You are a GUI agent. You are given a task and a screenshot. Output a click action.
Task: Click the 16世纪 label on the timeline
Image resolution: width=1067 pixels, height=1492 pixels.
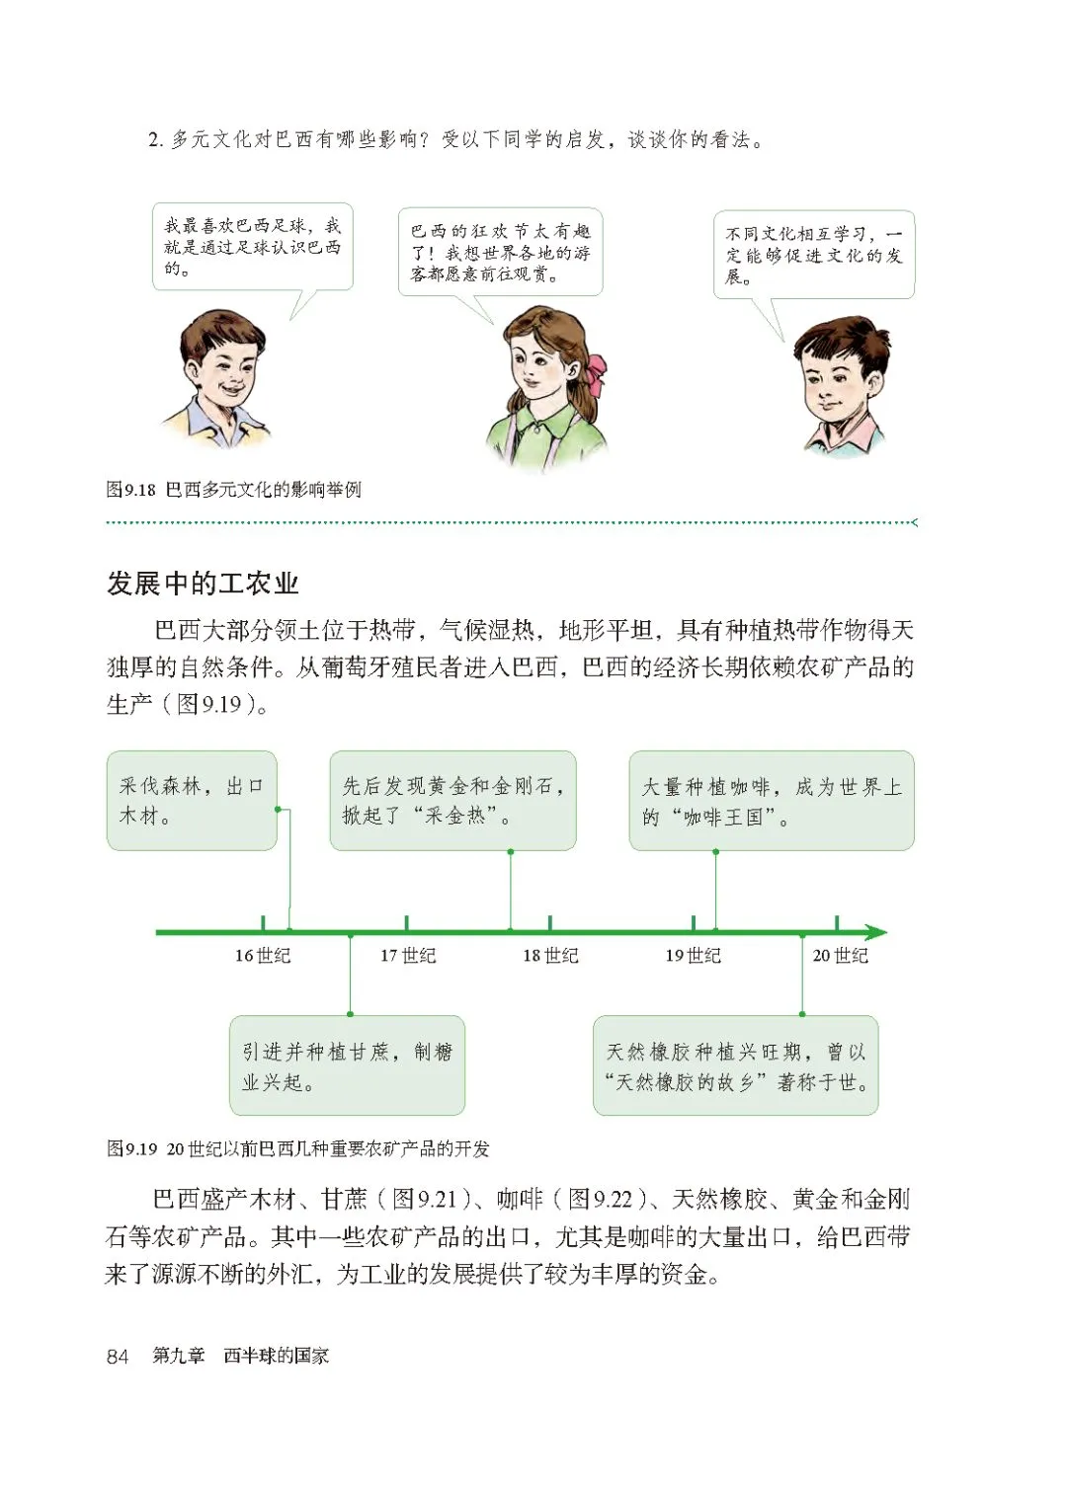click(x=263, y=956)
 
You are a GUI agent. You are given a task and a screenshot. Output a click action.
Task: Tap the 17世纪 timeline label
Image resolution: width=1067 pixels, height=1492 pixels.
click(x=408, y=956)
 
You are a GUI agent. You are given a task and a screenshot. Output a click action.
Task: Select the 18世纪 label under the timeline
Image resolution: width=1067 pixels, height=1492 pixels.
click(x=550, y=956)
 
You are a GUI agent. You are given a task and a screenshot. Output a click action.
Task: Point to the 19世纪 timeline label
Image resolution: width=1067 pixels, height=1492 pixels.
click(x=693, y=956)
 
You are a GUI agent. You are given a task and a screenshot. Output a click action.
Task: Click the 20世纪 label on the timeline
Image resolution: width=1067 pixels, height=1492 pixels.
click(x=840, y=956)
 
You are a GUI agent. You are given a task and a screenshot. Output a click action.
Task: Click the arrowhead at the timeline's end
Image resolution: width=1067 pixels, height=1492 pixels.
click(x=875, y=932)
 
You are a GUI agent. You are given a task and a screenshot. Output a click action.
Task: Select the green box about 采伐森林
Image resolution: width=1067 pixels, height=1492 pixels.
click(x=192, y=801)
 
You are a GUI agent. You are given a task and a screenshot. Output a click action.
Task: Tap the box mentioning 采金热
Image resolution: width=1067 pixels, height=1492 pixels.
click(x=452, y=801)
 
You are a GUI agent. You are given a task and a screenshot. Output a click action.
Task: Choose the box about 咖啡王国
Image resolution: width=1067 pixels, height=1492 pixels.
click(x=771, y=801)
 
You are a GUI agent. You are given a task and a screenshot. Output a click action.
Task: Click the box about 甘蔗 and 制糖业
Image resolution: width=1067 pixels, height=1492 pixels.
click(x=347, y=1065)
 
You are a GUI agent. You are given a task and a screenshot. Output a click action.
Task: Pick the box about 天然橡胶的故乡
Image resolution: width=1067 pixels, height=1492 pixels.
click(x=735, y=1065)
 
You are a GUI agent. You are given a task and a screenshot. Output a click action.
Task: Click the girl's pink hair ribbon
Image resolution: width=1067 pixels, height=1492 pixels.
click(x=595, y=375)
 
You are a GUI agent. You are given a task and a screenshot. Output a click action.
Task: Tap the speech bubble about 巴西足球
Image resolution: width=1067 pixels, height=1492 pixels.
click(x=252, y=247)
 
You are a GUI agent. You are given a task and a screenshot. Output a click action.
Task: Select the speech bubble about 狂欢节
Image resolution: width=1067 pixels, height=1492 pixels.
click(x=500, y=252)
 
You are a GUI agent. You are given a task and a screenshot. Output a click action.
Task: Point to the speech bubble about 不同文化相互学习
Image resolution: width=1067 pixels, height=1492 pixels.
click(x=814, y=255)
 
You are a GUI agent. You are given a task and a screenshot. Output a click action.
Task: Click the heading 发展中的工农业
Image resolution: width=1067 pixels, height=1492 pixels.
click(x=203, y=584)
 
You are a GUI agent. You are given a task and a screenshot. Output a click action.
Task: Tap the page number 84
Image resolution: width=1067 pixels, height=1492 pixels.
click(x=118, y=1356)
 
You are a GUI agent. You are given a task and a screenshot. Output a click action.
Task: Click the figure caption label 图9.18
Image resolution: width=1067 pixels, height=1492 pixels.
click(x=130, y=490)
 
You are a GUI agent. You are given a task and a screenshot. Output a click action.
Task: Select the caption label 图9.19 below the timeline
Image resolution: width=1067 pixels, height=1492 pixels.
click(x=131, y=1148)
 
